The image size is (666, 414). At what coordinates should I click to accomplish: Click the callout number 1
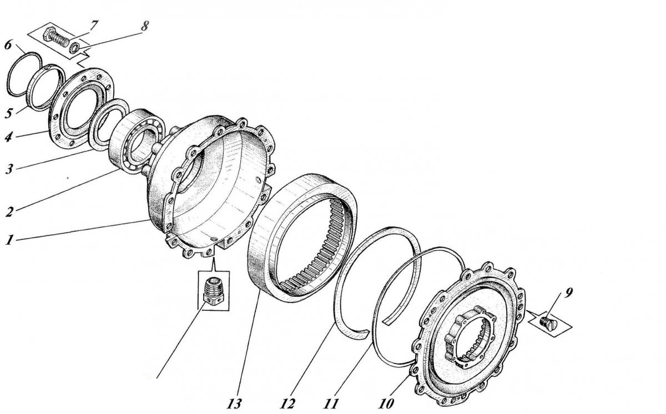[x=9, y=240]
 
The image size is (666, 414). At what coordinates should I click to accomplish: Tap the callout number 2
[x=9, y=212]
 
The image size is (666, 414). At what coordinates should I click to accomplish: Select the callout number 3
[x=9, y=169]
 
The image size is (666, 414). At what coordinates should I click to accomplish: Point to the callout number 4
[x=9, y=137]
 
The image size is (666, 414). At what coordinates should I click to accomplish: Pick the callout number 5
[x=9, y=113]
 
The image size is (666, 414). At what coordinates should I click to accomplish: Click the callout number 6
[x=8, y=46]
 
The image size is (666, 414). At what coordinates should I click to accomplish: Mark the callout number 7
[x=93, y=26]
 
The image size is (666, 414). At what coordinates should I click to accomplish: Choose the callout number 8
[x=144, y=26]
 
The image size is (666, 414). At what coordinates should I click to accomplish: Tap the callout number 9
[x=568, y=293]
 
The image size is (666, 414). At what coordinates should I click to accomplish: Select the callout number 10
[x=386, y=403]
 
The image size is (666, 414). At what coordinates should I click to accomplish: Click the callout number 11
[x=331, y=403]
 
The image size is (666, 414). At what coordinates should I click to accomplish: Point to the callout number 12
[x=287, y=403]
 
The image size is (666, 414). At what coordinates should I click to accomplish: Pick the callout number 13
[x=234, y=403]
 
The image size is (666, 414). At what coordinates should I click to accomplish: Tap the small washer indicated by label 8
[x=74, y=48]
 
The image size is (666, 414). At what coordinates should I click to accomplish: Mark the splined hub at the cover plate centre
[x=470, y=336]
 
